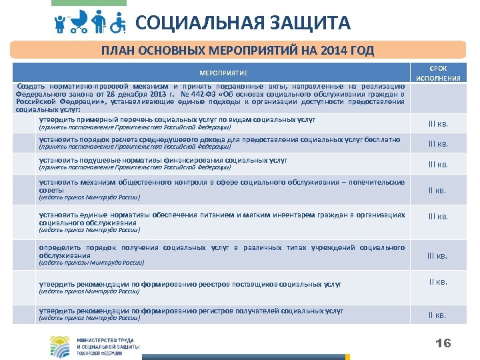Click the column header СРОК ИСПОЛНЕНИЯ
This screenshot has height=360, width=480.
pos(438,73)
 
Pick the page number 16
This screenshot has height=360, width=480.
pos(443,343)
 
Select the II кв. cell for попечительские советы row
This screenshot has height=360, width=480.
pos(437,191)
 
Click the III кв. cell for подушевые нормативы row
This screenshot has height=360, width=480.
pos(437,164)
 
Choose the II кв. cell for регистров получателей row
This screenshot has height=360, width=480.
pos(437,315)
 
